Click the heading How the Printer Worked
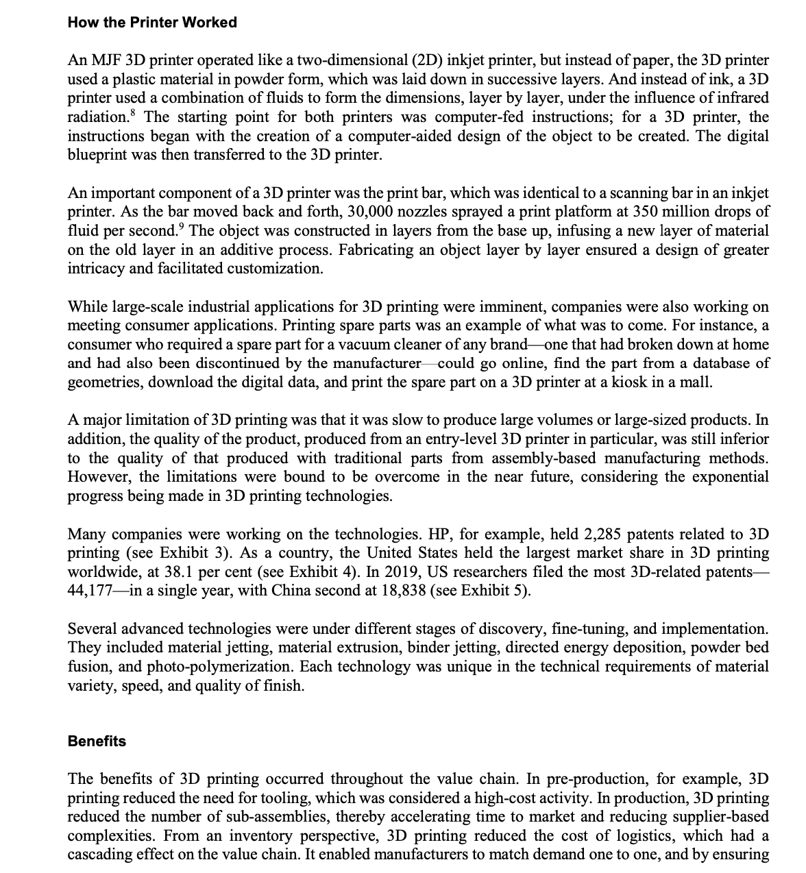tap(152, 23)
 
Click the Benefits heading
tap(97, 741)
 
